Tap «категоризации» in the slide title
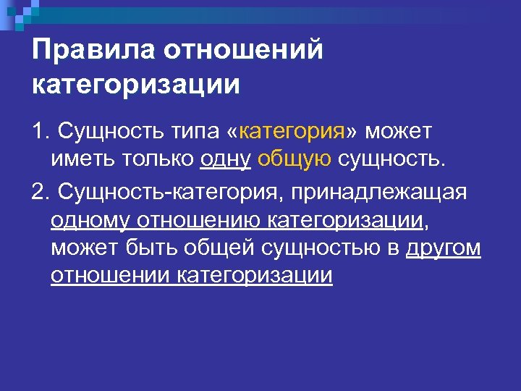(x=135, y=85)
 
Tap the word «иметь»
(x=83, y=159)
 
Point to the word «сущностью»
(x=326, y=248)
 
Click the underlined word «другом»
(x=443, y=248)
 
